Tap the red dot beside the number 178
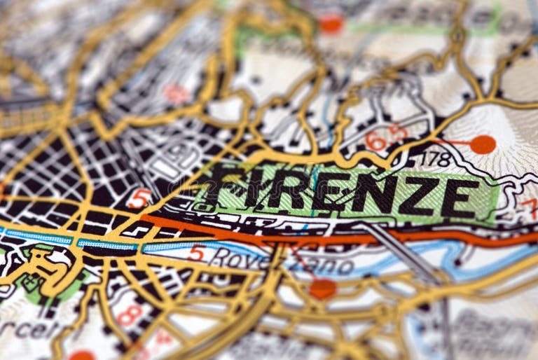[482, 144]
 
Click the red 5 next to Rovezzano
[196, 254]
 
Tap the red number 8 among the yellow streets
[129, 314]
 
